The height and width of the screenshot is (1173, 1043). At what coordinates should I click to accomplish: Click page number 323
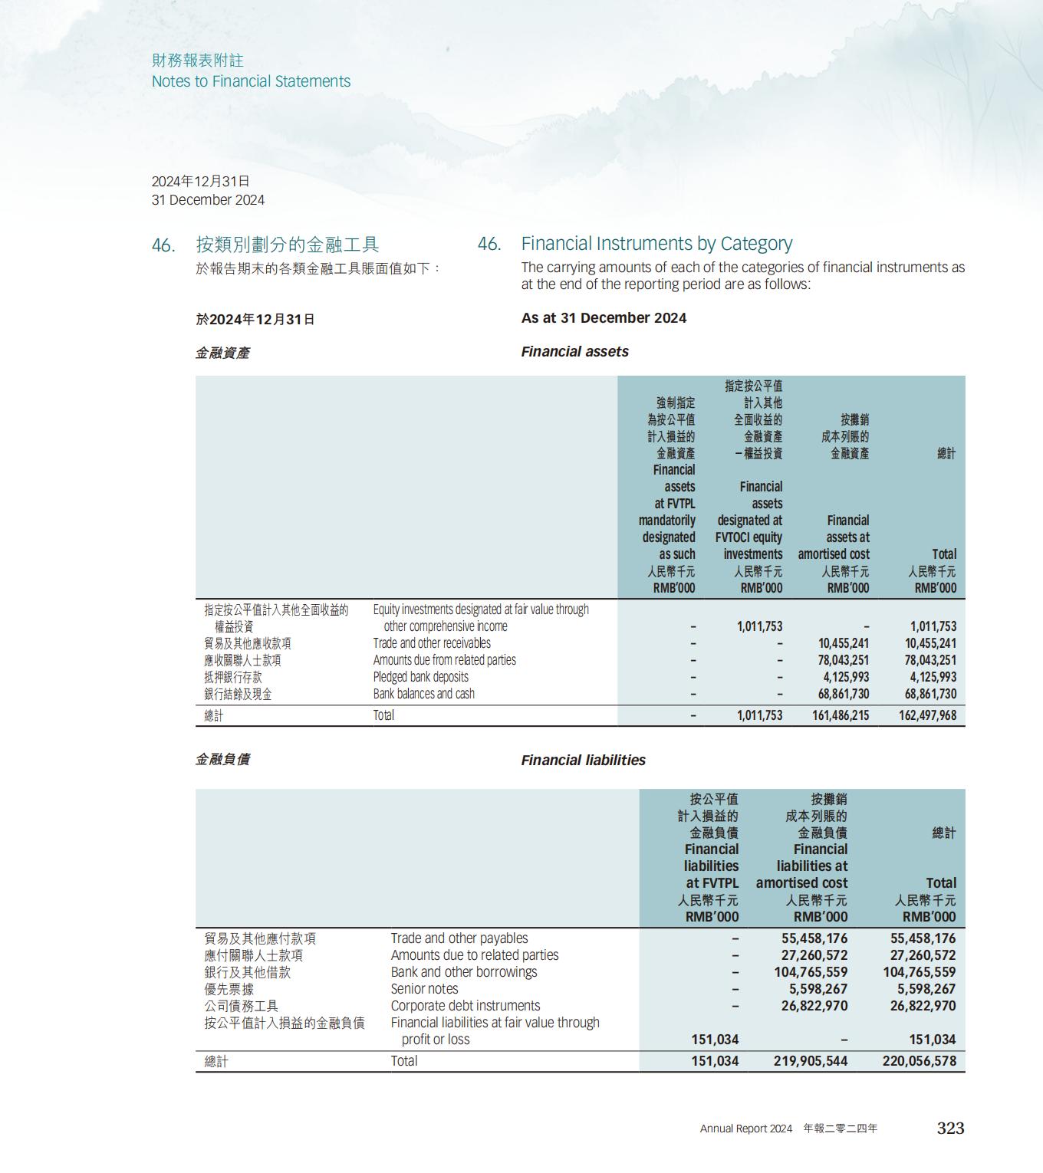click(950, 1128)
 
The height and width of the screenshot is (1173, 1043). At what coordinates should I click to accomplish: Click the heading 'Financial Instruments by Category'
click(656, 244)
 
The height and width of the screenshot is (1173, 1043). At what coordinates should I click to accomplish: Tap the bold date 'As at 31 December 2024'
click(604, 318)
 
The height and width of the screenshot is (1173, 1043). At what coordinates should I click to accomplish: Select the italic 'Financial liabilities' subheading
click(583, 760)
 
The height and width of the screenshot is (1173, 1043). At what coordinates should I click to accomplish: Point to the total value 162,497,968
click(927, 715)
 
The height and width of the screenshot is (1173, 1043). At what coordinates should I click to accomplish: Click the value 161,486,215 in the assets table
click(841, 715)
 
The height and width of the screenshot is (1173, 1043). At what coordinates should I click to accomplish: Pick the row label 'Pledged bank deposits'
click(420, 677)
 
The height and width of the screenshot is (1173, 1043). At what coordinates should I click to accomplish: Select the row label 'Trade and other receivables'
click(432, 643)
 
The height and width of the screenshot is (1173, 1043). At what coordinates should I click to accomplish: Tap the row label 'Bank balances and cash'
click(423, 694)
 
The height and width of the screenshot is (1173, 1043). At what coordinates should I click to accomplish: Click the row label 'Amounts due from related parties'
click(444, 660)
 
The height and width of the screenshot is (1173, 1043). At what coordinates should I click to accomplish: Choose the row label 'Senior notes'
click(424, 989)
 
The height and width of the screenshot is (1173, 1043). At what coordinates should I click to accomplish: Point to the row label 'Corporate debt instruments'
click(465, 1006)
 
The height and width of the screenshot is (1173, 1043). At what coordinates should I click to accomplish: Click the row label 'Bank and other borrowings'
click(463, 972)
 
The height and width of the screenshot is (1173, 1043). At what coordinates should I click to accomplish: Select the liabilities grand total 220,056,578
click(919, 1061)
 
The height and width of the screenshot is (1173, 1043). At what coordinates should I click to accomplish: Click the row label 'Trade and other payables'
click(459, 938)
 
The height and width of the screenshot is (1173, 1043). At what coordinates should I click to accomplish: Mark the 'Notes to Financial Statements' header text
click(251, 81)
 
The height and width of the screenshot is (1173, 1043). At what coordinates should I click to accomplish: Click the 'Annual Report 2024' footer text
click(745, 1129)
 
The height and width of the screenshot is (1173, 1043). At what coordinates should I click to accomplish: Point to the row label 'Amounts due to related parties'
click(474, 955)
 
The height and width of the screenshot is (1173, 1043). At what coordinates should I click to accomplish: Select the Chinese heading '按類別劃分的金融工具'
click(288, 245)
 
